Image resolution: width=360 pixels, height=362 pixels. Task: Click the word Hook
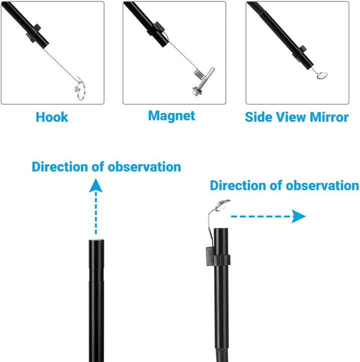[x=52, y=117]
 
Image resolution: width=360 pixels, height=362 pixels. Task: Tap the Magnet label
[x=171, y=116]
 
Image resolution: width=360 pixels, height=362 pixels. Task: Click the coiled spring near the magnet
[x=199, y=74]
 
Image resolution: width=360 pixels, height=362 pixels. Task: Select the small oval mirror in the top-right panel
[x=322, y=75]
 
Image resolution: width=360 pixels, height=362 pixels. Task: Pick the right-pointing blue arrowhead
[x=298, y=216]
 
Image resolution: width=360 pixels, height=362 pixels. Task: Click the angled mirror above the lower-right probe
[x=222, y=205]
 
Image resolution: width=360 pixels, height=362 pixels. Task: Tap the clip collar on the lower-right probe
[x=218, y=256]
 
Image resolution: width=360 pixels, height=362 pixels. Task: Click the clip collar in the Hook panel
[x=34, y=33]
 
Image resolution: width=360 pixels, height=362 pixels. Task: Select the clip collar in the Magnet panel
[x=155, y=29]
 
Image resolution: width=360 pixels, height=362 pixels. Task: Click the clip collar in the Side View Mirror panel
[x=300, y=54]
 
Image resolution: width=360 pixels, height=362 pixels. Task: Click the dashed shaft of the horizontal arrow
[x=261, y=217]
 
